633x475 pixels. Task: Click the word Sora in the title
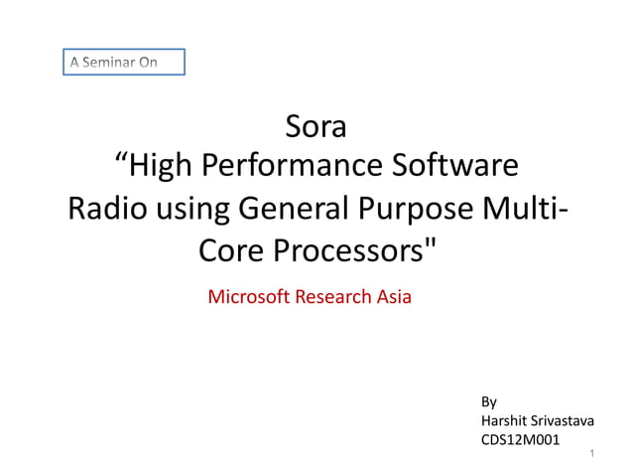point(316,128)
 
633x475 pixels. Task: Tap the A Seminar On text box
point(125,63)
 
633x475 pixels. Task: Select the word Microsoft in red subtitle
point(249,296)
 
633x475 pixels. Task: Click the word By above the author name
point(488,402)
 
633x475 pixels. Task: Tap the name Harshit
point(504,422)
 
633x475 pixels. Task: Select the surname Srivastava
point(564,422)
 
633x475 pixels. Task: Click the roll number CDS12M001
point(519,441)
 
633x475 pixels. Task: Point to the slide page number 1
point(591,454)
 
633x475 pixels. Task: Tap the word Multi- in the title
point(526,210)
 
